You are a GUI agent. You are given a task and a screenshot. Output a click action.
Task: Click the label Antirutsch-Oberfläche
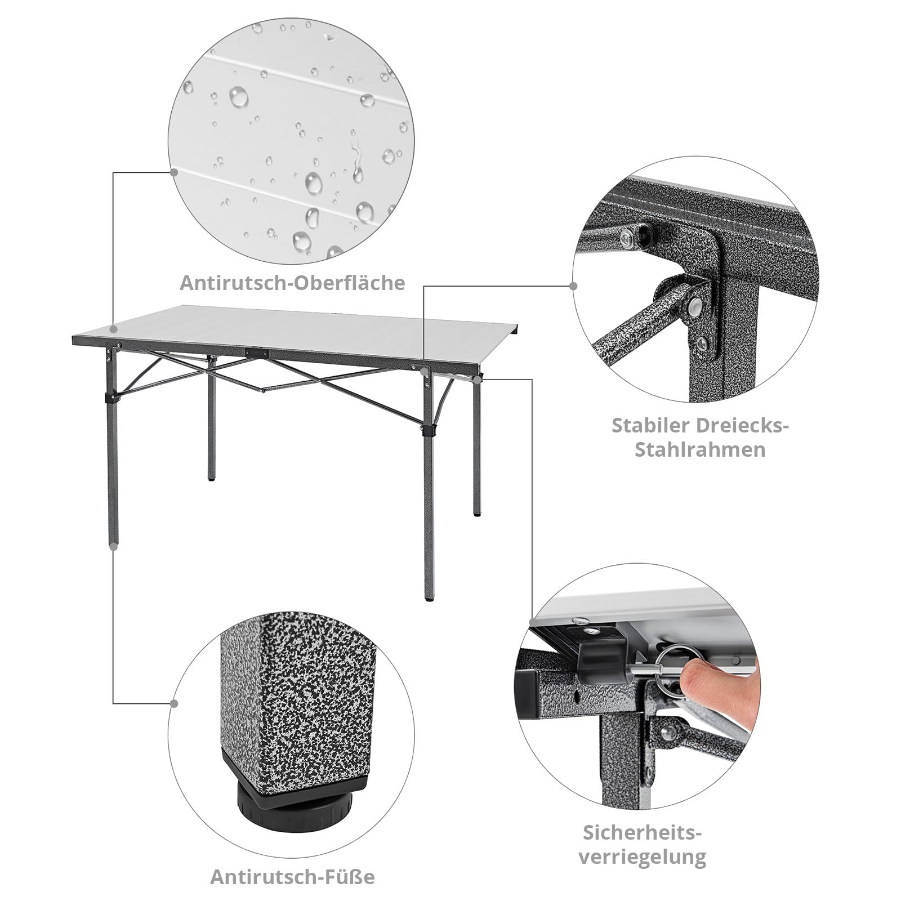(292, 283)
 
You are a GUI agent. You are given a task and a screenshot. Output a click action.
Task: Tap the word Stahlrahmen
(700, 450)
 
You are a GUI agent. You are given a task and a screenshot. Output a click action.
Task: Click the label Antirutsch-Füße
(292, 877)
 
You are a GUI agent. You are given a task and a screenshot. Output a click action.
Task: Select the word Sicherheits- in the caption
(643, 832)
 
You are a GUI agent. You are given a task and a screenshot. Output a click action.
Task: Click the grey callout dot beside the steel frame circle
(574, 286)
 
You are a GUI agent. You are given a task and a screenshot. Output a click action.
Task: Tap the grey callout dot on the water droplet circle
(174, 171)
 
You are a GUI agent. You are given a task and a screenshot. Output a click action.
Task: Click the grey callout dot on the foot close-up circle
(174, 704)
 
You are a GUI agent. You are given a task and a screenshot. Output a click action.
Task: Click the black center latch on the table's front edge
(257, 352)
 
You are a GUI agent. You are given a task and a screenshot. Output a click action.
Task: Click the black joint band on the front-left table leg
(113, 398)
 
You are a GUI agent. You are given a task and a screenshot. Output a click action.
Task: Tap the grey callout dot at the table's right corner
(477, 380)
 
